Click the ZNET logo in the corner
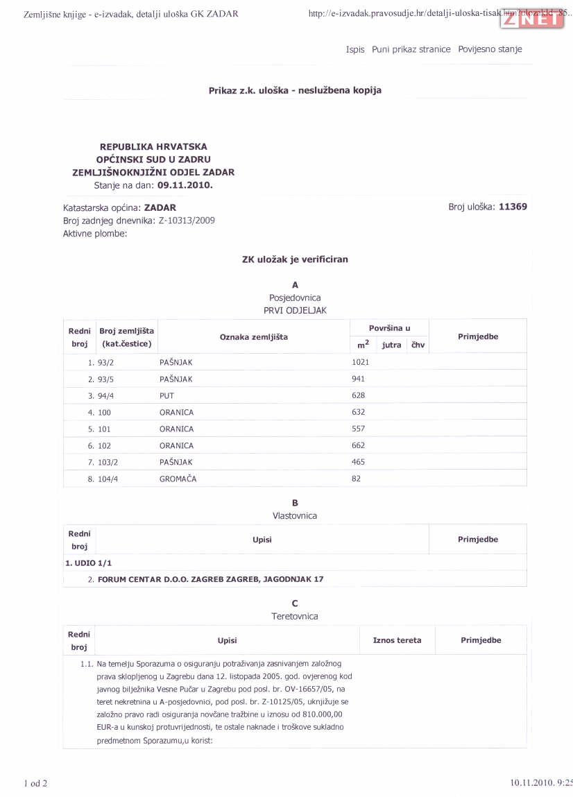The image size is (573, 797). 532,19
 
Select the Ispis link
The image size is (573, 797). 355,49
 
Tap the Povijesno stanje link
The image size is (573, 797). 490,49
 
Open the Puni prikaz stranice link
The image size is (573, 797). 411,49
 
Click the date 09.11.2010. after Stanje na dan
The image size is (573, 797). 185,185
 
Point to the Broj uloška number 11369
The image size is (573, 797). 513,207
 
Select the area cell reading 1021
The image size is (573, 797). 361,362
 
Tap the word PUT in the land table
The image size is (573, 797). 166,395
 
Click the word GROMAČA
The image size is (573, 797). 178,479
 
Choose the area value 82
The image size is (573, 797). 357,479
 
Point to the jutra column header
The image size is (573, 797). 391,345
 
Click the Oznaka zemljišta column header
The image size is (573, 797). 253,336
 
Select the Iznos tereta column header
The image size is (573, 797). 397,640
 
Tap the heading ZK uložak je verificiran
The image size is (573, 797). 295,259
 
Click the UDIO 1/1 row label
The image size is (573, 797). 88,563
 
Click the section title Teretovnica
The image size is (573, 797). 295,616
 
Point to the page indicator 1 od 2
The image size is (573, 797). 36,784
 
